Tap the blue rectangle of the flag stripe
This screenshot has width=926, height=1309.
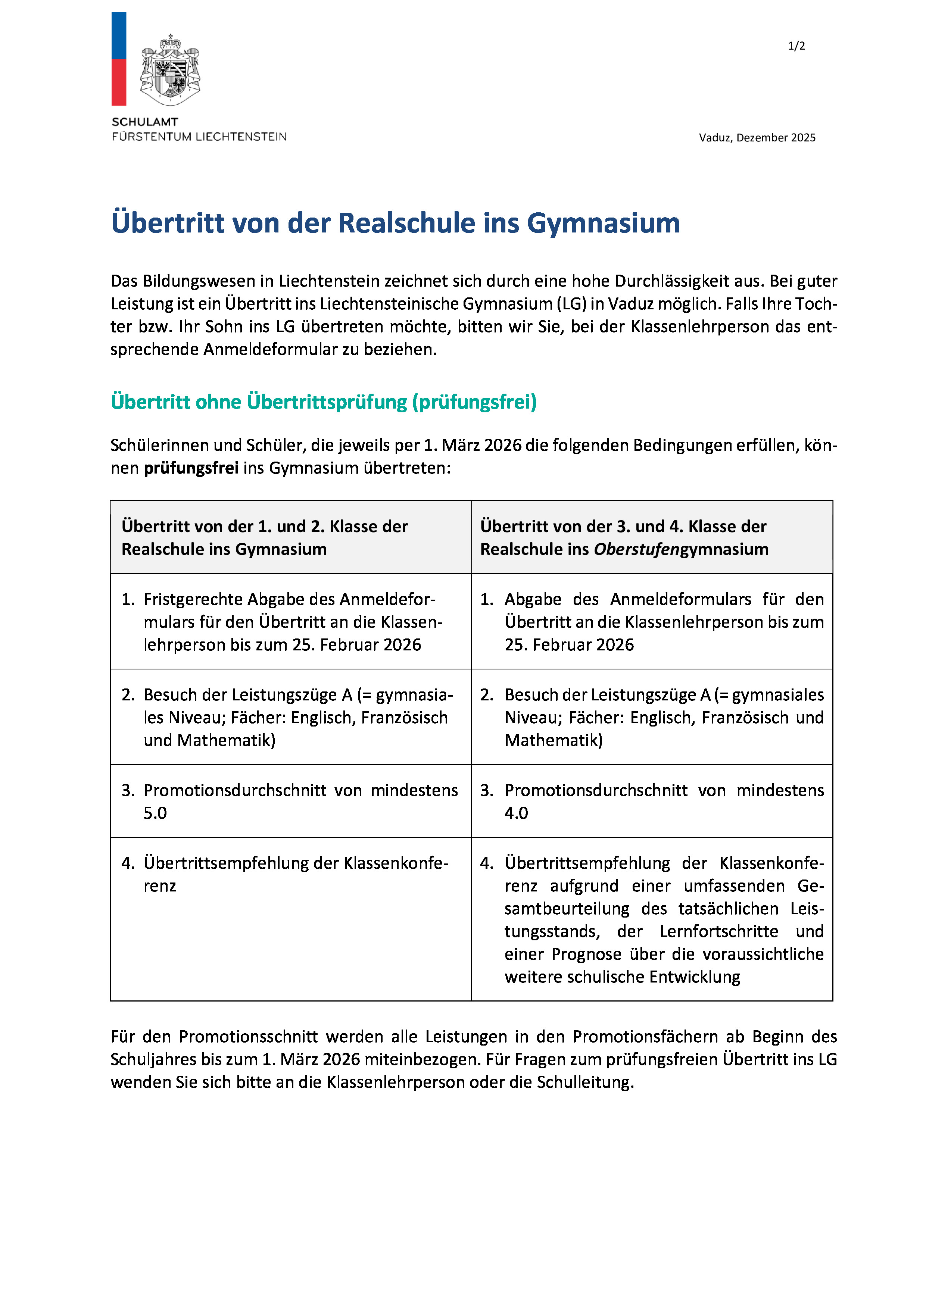click(119, 35)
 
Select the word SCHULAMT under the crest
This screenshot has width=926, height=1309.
click(145, 122)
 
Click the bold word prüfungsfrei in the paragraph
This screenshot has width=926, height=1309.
click(191, 468)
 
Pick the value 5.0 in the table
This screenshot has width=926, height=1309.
click(155, 813)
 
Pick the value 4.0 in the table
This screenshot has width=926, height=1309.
click(516, 813)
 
